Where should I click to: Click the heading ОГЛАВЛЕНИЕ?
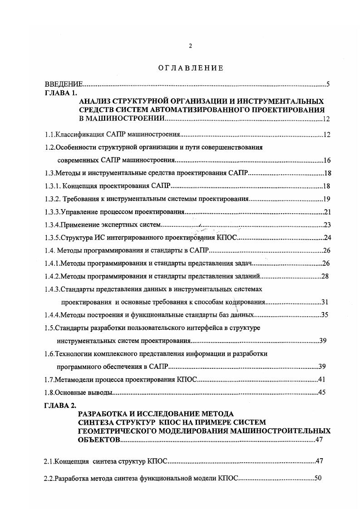click(x=191, y=69)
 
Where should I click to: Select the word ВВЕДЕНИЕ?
click(x=64, y=84)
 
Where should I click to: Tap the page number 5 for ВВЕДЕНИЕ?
click(x=328, y=84)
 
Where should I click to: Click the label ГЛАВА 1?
click(x=61, y=92)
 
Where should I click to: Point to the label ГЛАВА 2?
click(x=61, y=405)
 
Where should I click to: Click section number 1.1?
click(x=49, y=135)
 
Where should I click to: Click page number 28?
click(x=325, y=276)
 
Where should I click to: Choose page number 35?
click(x=325, y=315)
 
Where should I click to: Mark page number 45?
click(x=322, y=392)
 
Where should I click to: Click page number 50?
click(x=318, y=478)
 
